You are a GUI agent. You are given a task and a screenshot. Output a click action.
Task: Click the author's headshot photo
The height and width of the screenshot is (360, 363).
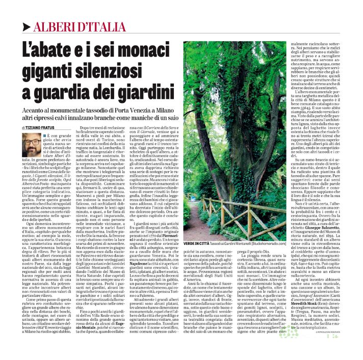coord(32,144)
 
